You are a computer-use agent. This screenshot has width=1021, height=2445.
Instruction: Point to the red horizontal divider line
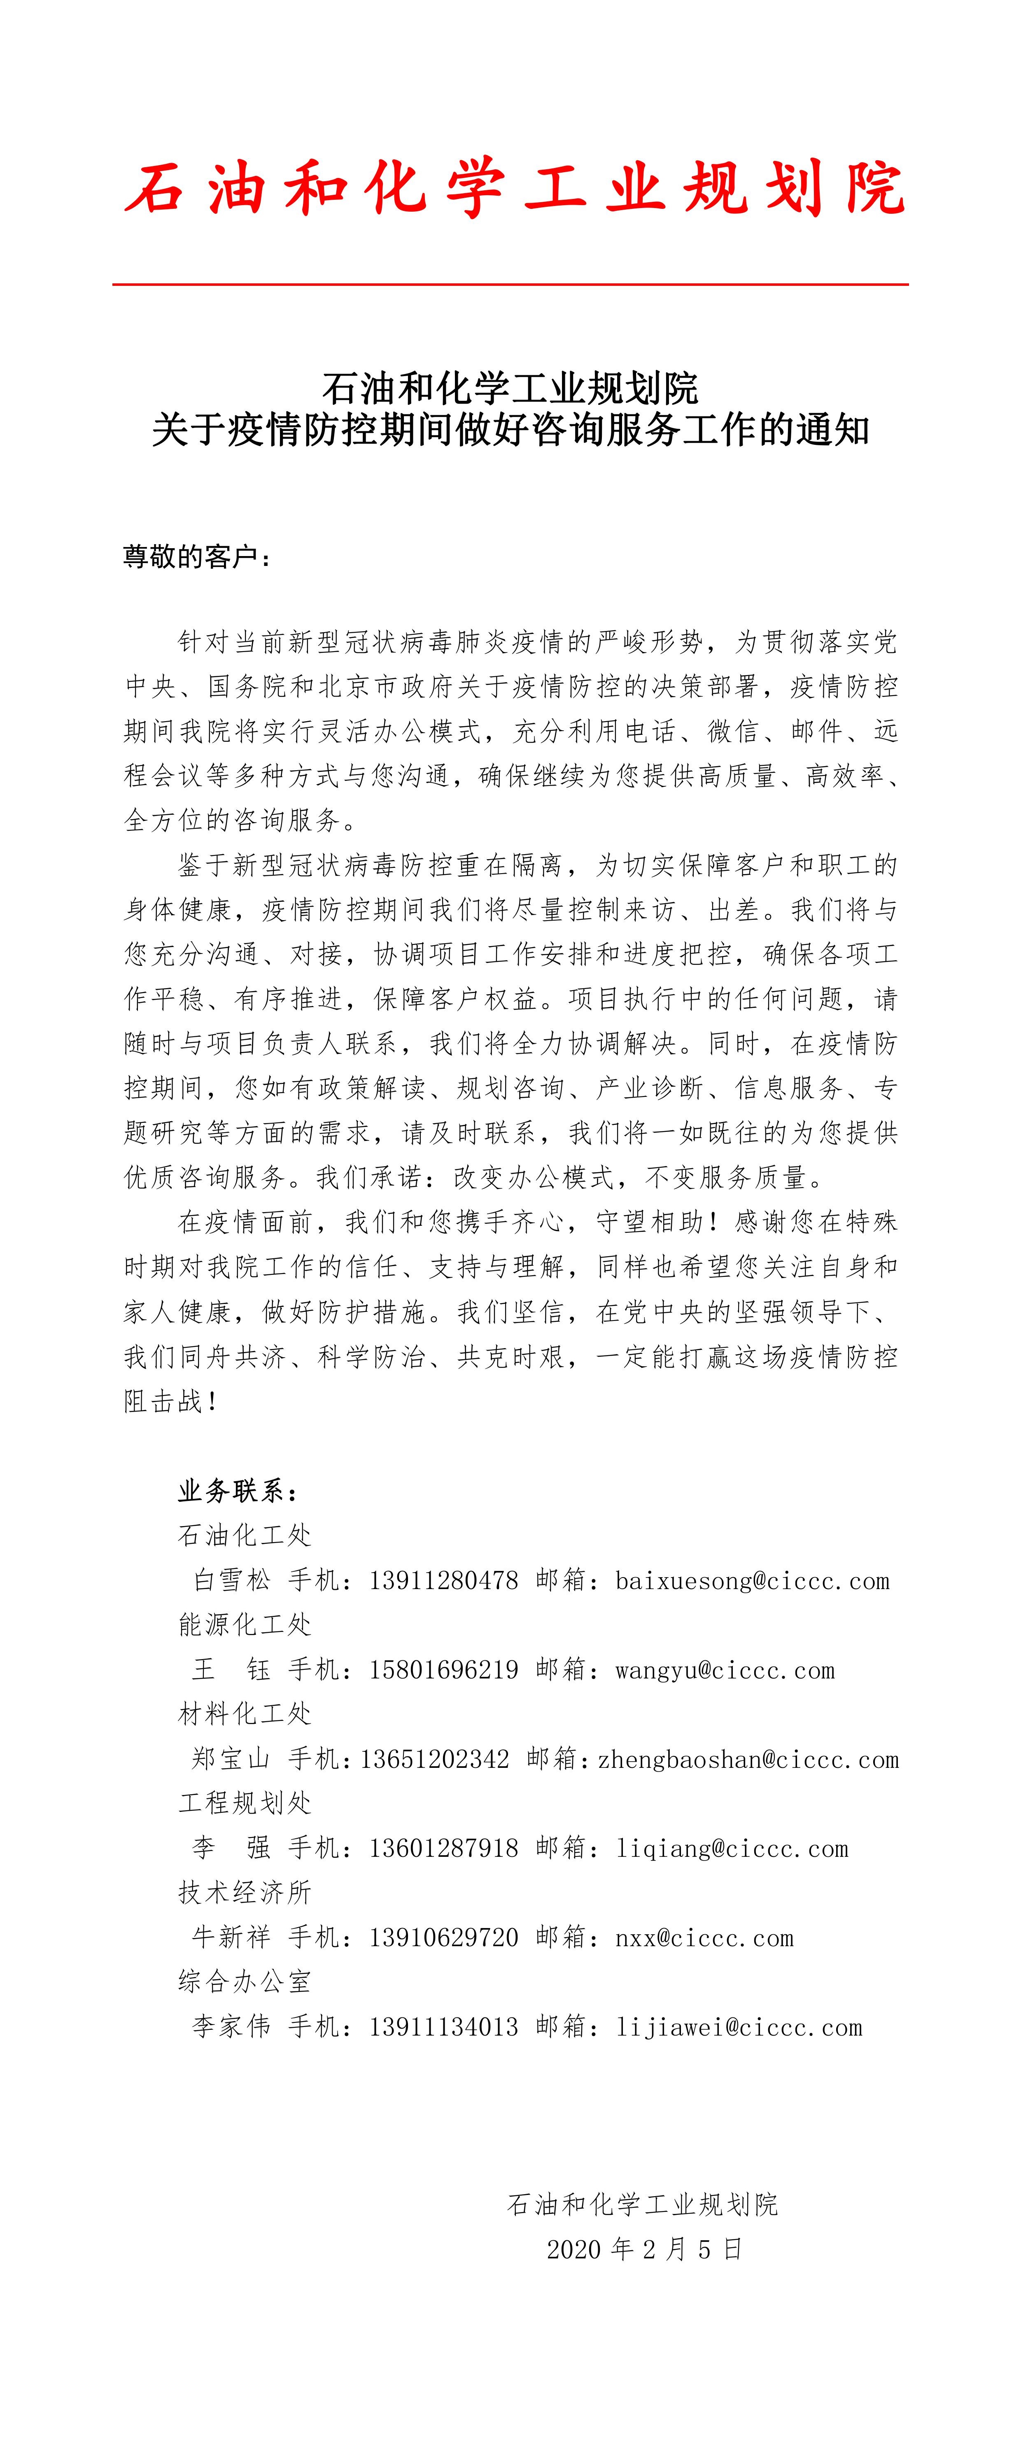tap(510, 284)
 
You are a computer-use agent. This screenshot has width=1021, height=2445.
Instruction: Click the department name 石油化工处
tap(245, 1536)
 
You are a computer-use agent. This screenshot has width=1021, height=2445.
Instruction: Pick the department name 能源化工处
tap(245, 1625)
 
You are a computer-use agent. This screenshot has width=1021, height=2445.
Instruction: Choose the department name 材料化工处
tap(245, 1714)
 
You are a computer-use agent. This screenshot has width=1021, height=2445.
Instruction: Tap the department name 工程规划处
tap(245, 1803)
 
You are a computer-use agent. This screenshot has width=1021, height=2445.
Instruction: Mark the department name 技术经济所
tap(245, 1893)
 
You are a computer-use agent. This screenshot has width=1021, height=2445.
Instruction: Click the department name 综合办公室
tap(245, 1982)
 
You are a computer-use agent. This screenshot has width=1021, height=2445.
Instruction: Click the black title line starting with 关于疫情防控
tap(510, 430)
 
